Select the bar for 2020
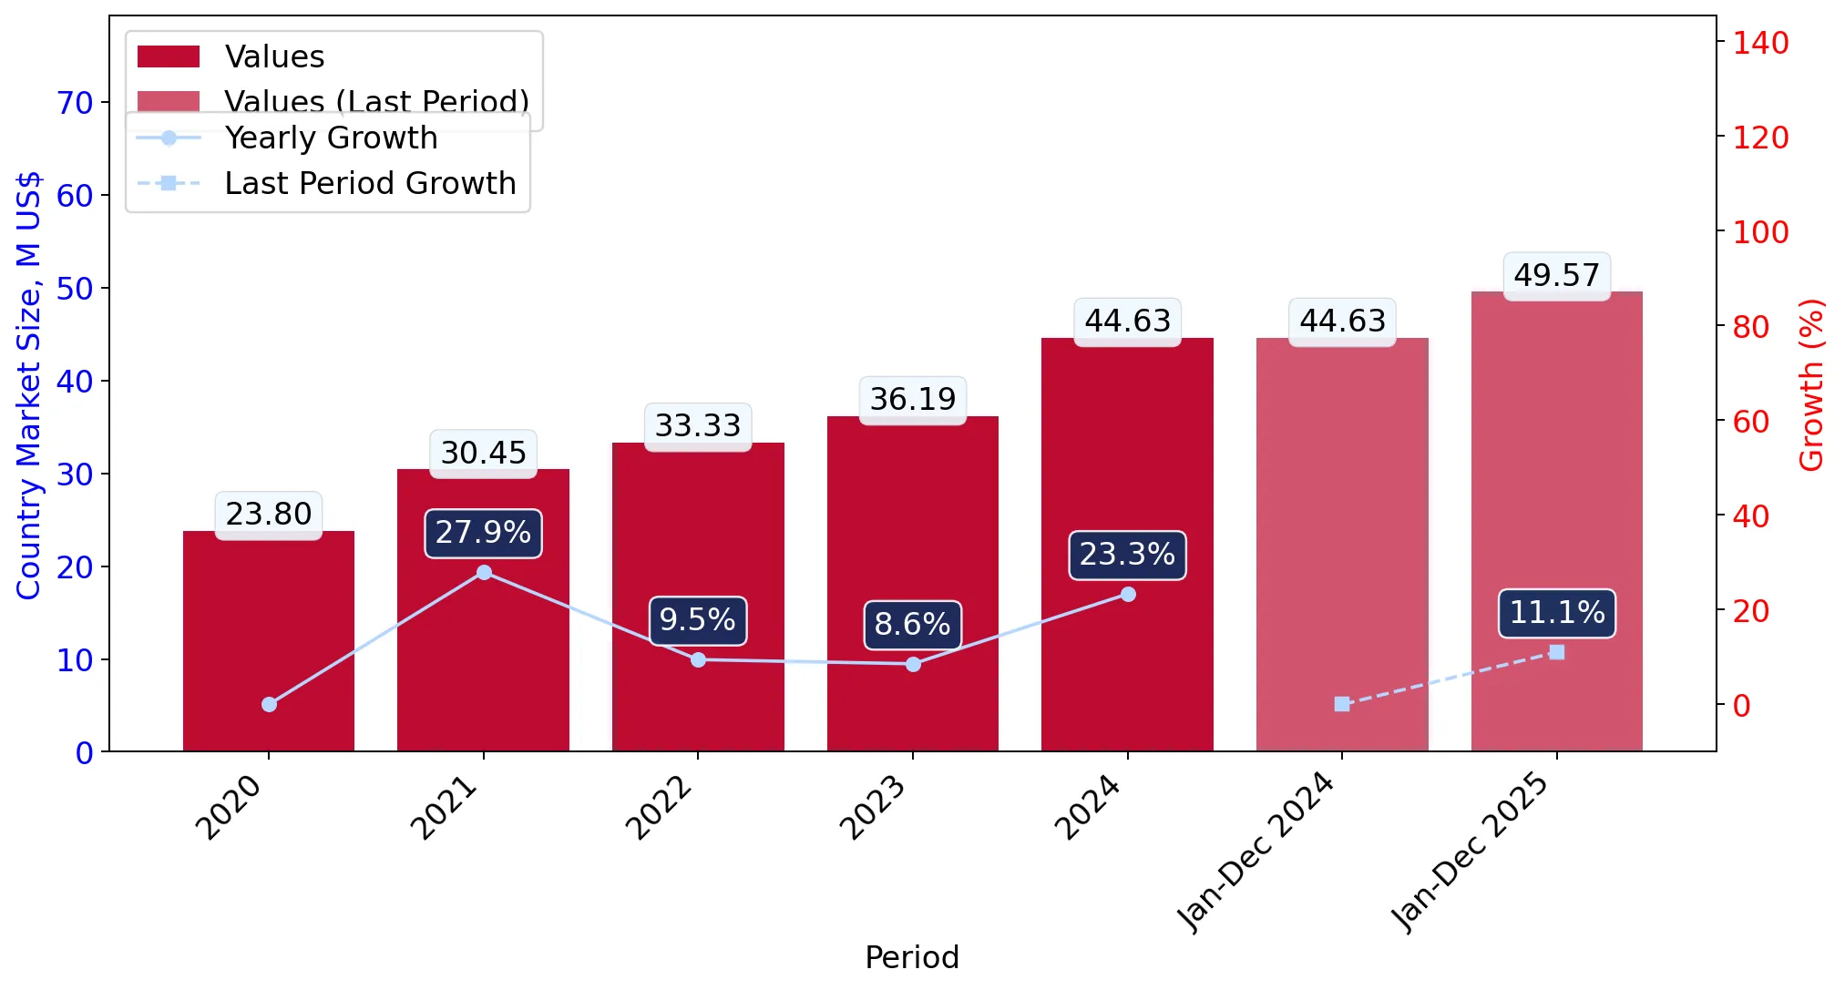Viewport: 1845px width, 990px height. [269, 641]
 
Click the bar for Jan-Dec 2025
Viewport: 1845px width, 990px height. [1556, 522]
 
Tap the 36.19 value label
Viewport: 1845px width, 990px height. [913, 399]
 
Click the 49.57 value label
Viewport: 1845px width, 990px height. [1556, 275]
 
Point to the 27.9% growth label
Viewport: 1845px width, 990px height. [483, 533]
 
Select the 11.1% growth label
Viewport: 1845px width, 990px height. [1556, 613]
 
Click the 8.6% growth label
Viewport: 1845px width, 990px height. [912, 625]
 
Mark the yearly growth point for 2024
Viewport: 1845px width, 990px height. [1128, 595]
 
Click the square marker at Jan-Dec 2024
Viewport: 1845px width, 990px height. [1342, 704]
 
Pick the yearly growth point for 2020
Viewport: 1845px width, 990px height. [269, 704]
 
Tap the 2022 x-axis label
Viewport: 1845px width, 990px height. [660, 807]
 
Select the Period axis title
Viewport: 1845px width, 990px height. [912, 957]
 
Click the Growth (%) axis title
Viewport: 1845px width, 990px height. [1811, 384]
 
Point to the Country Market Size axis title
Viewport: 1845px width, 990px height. [29, 385]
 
